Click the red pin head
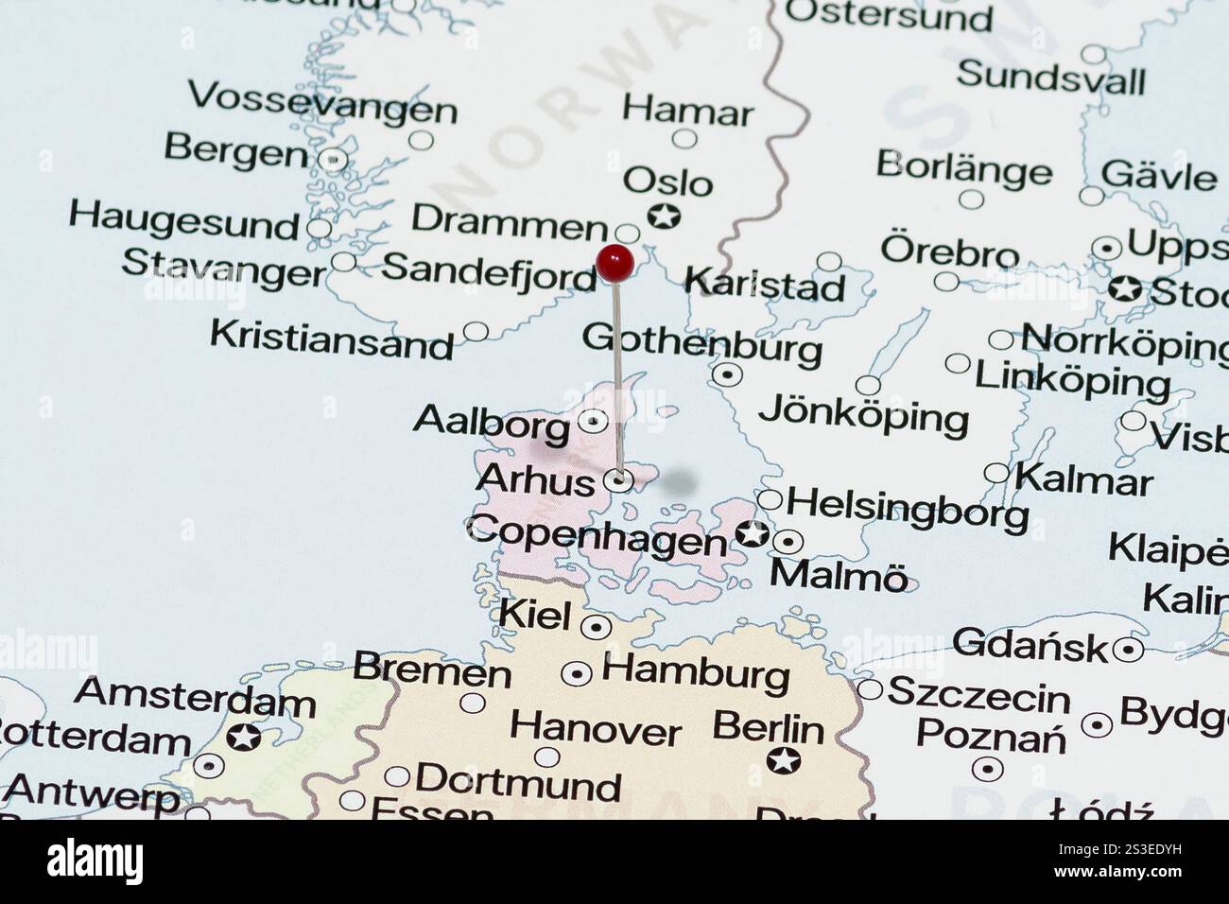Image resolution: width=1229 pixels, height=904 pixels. pos(614,262)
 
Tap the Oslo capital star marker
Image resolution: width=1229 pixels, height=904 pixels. pos(665,217)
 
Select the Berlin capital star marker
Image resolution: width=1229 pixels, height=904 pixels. pos(783,758)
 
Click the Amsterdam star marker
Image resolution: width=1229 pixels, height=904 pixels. pos(245,737)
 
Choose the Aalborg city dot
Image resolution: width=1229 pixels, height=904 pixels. pos(593,421)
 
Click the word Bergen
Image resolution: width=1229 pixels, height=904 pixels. pos(235,150)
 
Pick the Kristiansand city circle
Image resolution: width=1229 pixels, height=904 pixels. pos(476,332)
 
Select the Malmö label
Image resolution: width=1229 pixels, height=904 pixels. pos(839,575)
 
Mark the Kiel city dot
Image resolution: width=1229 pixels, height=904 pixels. pos(596,626)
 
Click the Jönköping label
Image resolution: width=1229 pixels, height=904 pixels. pos(863,415)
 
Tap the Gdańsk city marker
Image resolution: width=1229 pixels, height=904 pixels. pos(1127,650)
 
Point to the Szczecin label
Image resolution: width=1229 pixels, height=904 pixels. pos(978,696)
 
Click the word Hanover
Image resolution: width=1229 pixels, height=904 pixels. pos(596,729)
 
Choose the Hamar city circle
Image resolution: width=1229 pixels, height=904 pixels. pos(684,139)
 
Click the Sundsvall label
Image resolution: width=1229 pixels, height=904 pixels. pos(1050,77)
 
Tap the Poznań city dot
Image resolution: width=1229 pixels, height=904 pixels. pos(988,767)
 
